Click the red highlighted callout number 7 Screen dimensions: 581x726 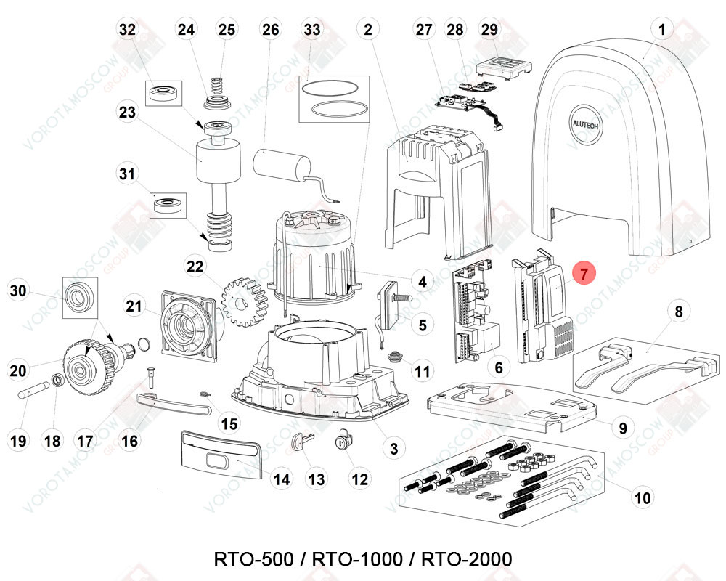(x=584, y=275)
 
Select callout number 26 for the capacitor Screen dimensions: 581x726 (x=270, y=30)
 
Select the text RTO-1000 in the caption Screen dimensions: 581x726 (x=357, y=560)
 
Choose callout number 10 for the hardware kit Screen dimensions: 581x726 (x=643, y=497)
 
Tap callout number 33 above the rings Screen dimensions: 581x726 (x=312, y=30)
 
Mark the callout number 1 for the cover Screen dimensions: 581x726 (x=661, y=30)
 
